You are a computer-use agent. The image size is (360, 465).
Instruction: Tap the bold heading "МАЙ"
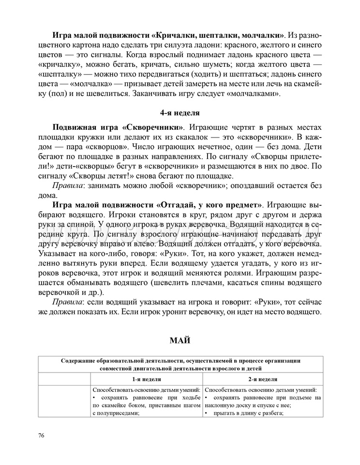tap(180, 341)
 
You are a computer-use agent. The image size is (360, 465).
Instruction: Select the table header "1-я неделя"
tap(147, 380)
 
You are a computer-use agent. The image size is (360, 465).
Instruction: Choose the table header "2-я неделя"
tap(263, 380)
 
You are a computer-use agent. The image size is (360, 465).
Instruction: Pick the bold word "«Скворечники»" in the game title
tap(154, 127)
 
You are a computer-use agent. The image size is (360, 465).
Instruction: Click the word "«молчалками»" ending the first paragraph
tap(256, 93)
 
